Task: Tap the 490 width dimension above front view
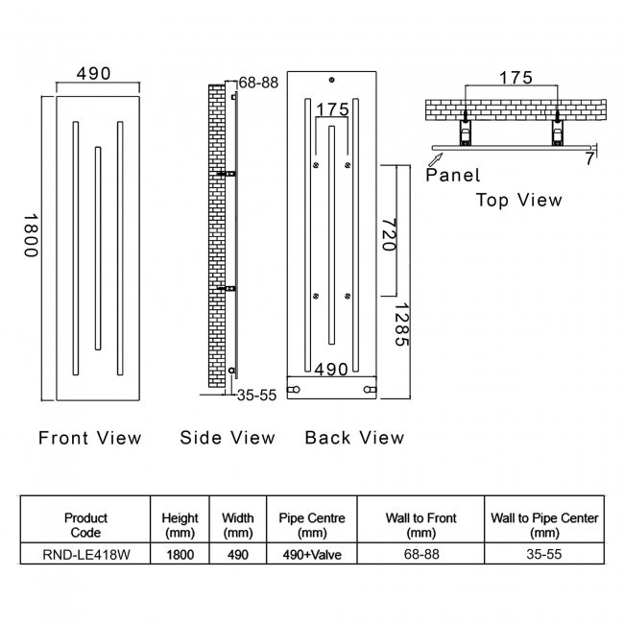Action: [94, 74]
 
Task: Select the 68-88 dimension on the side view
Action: [258, 83]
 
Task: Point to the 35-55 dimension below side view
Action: [256, 395]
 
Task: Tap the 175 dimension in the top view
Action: [516, 77]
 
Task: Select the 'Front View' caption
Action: [89, 438]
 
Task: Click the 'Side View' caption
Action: [228, 438]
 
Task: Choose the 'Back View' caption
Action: [354, 438]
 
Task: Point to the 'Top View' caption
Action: [519, 201]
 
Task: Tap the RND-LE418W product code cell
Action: [85, 554]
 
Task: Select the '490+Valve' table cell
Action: [312, 554]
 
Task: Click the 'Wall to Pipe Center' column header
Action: [544, 525]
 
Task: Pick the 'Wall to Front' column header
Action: [421, 525]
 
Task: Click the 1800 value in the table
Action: [180, 554]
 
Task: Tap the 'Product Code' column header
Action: [85, 525]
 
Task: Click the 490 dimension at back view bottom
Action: [331, 370]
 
